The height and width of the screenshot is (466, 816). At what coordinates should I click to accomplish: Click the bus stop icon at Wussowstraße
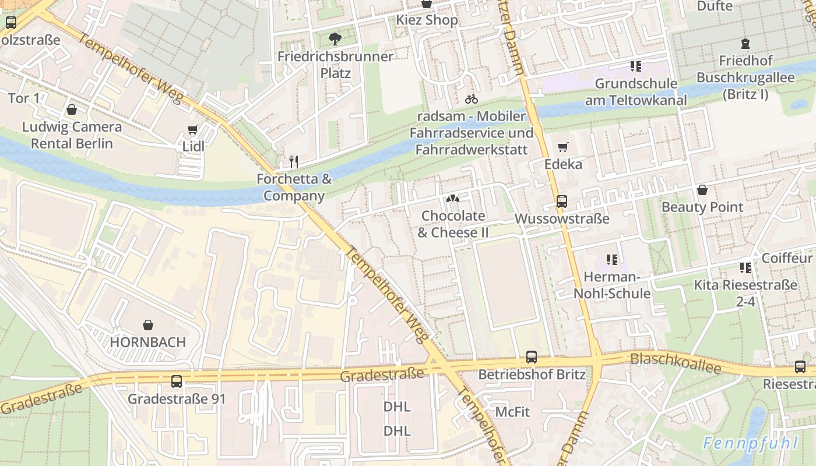[561, 202]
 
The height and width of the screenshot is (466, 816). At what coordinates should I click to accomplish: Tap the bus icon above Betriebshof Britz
[531, 357]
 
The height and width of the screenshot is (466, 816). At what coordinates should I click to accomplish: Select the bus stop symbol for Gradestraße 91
[177, 382]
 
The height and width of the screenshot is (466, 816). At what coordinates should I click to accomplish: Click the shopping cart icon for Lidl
[193, 129]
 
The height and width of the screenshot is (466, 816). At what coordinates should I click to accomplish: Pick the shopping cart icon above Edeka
[562, 147]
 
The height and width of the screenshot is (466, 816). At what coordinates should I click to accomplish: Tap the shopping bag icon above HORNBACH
[148, 324]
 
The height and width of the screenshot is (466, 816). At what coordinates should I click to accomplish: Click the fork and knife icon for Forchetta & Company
[294, 161]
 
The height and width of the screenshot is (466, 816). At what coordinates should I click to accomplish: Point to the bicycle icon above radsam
[471, 99]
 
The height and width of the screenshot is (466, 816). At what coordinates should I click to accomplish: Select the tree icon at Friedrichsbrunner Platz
[335, 39]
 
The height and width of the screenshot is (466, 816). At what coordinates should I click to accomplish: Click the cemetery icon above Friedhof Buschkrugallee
[744, 43]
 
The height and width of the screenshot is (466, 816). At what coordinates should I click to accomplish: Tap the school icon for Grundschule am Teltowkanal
[635, 66]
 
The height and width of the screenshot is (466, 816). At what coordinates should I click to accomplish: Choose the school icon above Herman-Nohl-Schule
[611, 259]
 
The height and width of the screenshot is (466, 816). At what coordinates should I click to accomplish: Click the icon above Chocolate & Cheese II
[453, 199]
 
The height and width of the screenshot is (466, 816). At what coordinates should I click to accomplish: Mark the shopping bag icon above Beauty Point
[702, 190]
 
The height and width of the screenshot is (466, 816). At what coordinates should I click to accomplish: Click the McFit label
[512, 412]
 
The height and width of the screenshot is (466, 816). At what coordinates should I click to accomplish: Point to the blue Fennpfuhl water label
[749, 443]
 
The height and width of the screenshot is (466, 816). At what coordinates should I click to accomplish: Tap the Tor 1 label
[24, 98]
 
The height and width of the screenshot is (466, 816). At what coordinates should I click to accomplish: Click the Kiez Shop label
[427, 20]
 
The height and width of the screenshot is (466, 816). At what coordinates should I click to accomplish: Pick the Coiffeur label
[786, 258]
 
